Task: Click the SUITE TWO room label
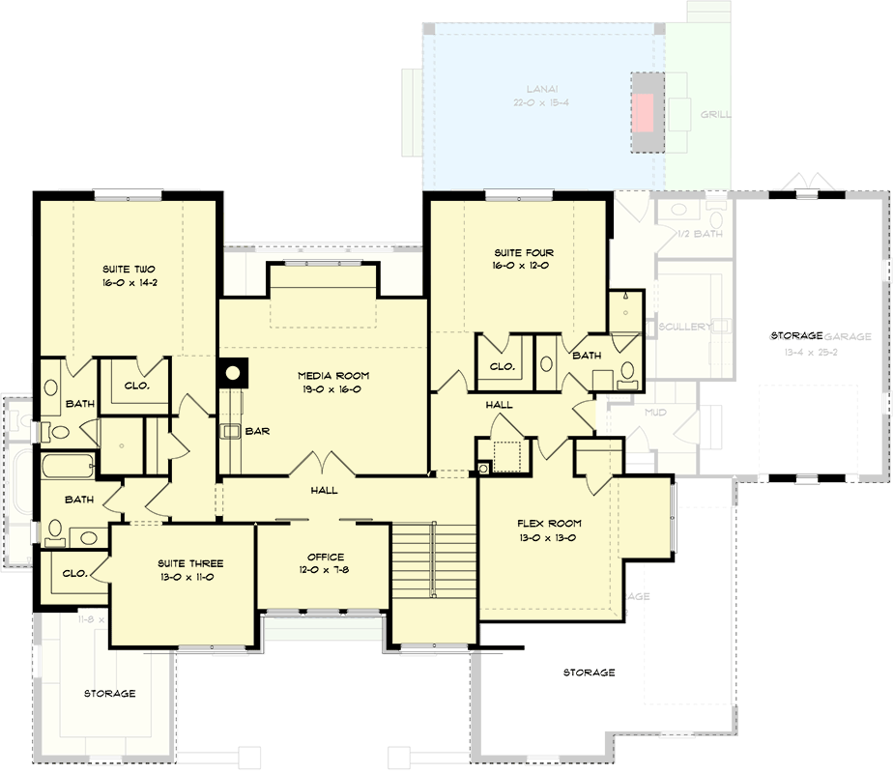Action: (130, 269)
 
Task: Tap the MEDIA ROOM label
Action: (333, 376)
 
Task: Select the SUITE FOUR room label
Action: (521, 253)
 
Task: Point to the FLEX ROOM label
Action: (548, 524)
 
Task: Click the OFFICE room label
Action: (325, 557)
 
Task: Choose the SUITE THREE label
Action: (190, 563)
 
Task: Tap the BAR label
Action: (256, 431)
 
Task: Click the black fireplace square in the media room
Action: (233, 372)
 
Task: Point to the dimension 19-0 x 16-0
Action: (333, 389)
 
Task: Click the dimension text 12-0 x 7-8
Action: (325, 570)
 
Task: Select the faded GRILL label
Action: (715, 114)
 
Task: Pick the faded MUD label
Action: (655, 413)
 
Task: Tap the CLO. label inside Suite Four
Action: (501, 367)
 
